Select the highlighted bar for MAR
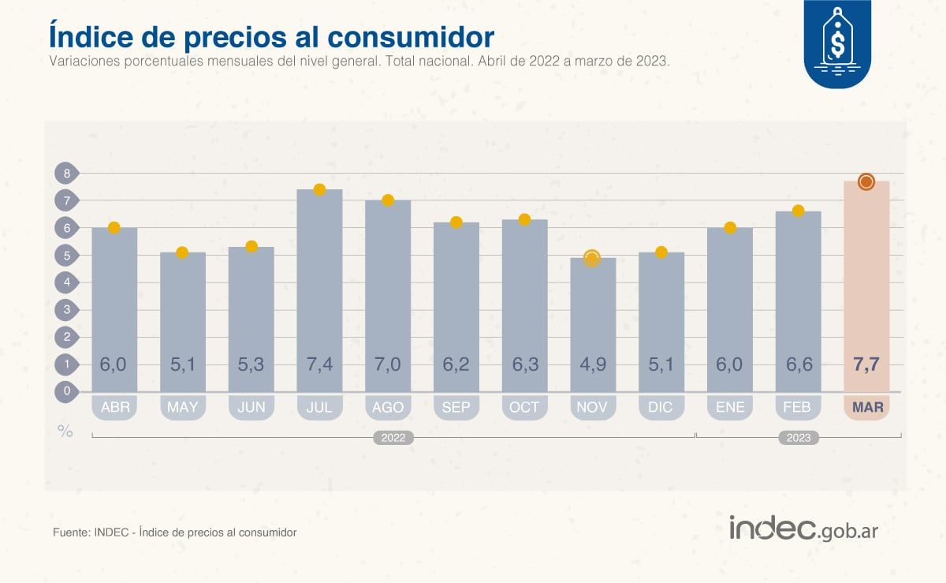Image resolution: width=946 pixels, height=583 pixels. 866,292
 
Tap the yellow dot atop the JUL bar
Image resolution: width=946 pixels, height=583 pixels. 319,189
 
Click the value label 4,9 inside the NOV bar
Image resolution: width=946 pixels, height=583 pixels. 592,365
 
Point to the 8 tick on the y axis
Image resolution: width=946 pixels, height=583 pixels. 67,173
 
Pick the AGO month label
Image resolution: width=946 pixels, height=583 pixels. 388,408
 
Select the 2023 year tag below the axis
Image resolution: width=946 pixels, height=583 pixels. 798,438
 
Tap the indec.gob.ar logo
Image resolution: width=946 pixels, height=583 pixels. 803,529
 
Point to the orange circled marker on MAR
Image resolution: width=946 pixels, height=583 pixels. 866,182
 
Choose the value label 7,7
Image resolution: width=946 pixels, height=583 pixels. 866,365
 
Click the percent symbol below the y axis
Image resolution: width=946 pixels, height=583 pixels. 65,431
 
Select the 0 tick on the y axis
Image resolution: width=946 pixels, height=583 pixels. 67,391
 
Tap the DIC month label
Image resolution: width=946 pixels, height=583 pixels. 661,408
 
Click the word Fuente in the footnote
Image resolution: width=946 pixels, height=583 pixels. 70,533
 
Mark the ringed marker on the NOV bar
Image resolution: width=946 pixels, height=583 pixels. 592,258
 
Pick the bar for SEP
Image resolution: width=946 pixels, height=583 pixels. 456,308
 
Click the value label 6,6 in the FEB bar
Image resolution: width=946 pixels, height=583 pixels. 798,365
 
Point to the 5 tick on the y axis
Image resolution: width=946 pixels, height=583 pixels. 67,255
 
